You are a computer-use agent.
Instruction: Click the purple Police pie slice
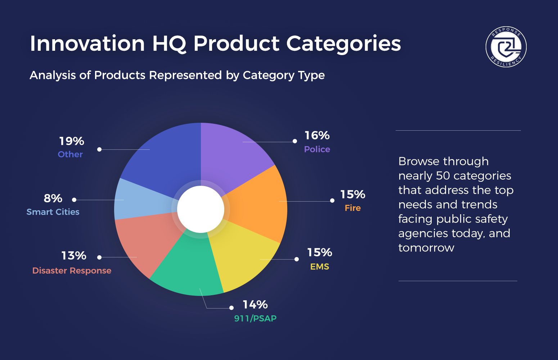pos(234,155)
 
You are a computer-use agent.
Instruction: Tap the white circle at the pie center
pos(201,209)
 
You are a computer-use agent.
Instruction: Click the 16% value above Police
pos(317,135)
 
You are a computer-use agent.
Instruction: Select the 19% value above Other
pos(71,141)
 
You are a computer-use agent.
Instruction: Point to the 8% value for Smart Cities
pos(53,198)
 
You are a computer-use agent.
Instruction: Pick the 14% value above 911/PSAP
pos(255,305)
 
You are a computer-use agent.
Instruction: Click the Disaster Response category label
pos(72,271)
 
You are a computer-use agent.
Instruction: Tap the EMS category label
pos(320,267)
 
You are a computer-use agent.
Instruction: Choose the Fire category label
pos(352,208)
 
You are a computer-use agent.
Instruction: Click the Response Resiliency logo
pos(506,47)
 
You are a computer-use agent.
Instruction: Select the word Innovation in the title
pos(87,44)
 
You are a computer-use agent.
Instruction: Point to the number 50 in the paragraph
pos(443,176)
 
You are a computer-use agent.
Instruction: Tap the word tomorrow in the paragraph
pos(426,248)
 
